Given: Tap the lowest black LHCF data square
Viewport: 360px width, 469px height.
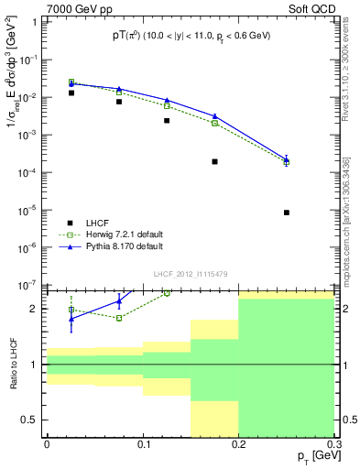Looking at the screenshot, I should pos(287,213).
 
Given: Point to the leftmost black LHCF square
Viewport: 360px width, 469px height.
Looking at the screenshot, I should pos(71,93).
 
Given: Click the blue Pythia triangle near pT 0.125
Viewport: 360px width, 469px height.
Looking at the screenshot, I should pos(167,100).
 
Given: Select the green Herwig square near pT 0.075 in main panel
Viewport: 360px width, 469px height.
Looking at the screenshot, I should pos(119,93).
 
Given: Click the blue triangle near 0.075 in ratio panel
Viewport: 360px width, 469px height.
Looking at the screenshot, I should pos(119,301).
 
